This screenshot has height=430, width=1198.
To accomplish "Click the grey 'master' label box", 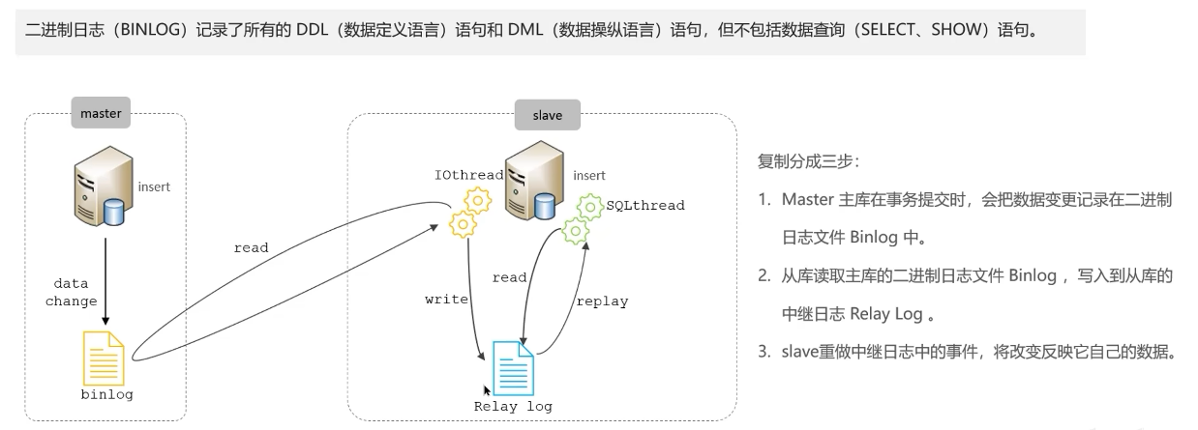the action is tap(101, 113).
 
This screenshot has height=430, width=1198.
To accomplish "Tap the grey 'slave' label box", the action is tap(547, 115).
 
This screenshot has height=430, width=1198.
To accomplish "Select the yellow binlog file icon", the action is tap(104, 358).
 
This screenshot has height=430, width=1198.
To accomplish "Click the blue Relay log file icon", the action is tap(513, 368).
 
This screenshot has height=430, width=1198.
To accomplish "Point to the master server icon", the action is tap(104, 186).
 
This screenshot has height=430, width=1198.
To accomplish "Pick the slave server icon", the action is tap(534, 181).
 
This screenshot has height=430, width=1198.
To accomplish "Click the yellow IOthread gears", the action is tap(470, 213).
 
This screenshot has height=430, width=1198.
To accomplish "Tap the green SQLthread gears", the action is tap(582, 219).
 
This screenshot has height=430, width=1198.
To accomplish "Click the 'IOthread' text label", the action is tap(468, 175).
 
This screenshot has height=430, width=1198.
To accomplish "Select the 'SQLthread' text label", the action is tap(645, 206).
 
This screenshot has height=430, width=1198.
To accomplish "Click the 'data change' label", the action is tap(72, 292).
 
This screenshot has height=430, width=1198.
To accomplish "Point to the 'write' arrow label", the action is tap(446, 300).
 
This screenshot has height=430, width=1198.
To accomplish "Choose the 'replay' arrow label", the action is tap(602, 301).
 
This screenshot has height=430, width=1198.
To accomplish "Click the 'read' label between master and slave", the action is tap(251, 247).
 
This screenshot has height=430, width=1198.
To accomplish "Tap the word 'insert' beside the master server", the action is tap(154, 186).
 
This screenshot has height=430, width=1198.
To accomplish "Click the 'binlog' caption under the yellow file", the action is tap(107, 395).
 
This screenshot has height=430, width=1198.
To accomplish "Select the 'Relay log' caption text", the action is tap(513, 407).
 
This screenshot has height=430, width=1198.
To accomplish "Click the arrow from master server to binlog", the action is tap(105, 281).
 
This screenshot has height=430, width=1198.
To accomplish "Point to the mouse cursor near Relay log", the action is tap(486, 390).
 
